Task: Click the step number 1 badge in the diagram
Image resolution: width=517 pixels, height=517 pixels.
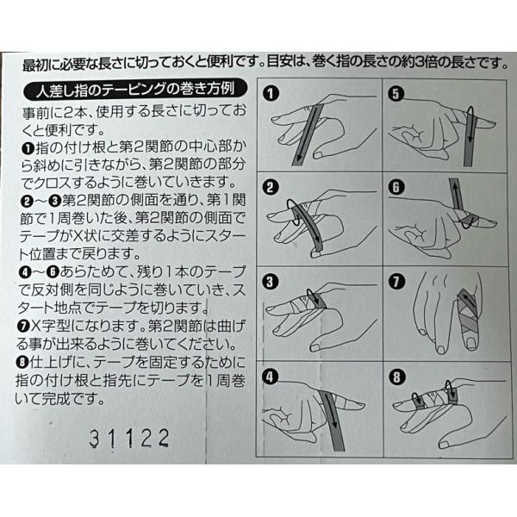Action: click(271, 94)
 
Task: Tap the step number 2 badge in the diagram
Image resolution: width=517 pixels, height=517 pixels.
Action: click(271, 188)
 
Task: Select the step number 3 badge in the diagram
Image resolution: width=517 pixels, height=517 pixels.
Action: click(270, 283)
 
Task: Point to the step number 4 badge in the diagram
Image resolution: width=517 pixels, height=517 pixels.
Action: click(270, 377)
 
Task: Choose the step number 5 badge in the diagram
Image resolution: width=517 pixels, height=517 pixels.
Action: click(396, 94)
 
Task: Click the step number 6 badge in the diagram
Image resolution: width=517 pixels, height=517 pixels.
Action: click(396, 188)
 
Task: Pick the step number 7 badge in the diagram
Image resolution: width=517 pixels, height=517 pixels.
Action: click(396, 283)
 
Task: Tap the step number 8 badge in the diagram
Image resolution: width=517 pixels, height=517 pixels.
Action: click(396, 377)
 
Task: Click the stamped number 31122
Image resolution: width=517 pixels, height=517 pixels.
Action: click(129, 439)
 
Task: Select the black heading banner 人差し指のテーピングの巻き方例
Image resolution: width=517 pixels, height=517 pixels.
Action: click(135, 90)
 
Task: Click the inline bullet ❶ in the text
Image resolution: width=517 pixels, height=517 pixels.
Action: click(28, 149)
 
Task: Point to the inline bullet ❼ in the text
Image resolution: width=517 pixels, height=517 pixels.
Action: click(23, 327)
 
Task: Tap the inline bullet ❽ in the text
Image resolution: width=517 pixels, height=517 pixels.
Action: click(22, 363)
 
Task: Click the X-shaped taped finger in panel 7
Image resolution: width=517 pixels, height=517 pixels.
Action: click(469, 319)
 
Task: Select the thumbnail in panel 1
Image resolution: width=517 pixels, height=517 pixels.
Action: click(319, 154)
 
